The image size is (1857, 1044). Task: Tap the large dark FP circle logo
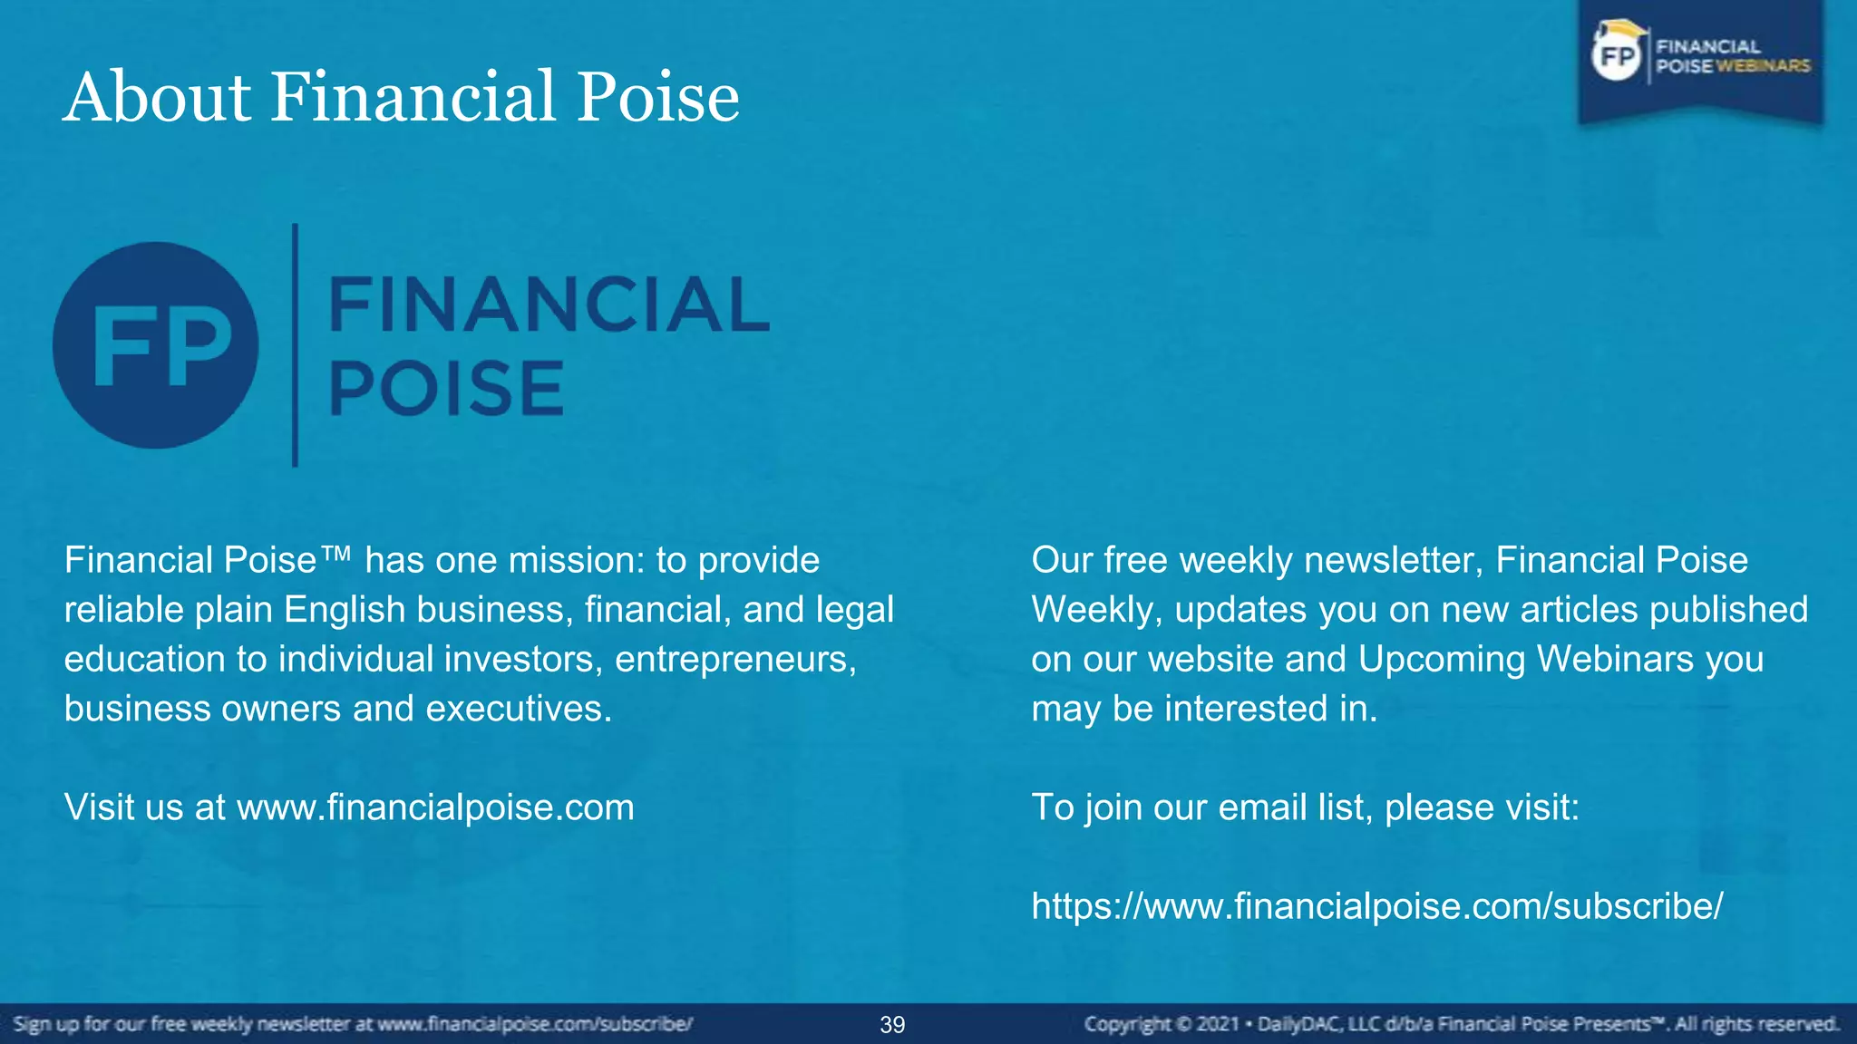coord(156,345)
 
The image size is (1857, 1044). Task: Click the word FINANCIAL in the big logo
coord(549,304)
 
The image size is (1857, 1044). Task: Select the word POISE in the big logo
coord(446,388)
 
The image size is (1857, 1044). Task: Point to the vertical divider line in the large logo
coord(295,345)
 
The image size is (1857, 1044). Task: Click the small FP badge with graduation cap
coord(1619,55)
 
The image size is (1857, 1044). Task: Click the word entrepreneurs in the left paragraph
coord(735,659)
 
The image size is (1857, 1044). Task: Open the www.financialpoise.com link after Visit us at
coord(435,807)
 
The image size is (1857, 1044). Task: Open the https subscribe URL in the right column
coord(1377,906)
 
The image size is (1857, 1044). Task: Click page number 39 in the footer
coord(892,1025)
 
